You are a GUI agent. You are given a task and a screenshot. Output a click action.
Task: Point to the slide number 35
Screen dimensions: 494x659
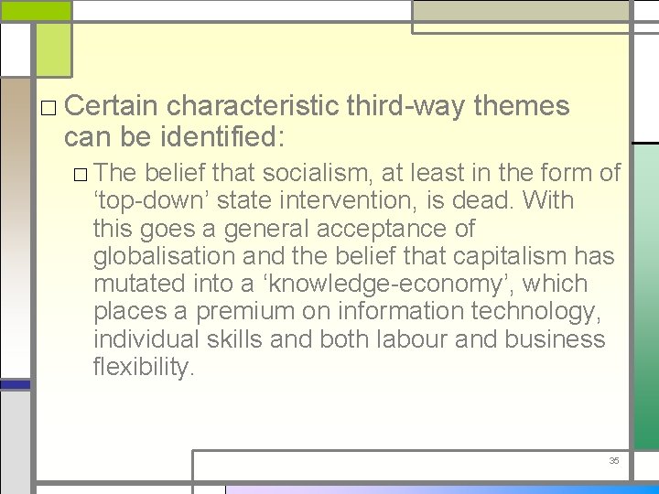614,460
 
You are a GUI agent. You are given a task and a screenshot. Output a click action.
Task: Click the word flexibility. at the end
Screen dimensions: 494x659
144,367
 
